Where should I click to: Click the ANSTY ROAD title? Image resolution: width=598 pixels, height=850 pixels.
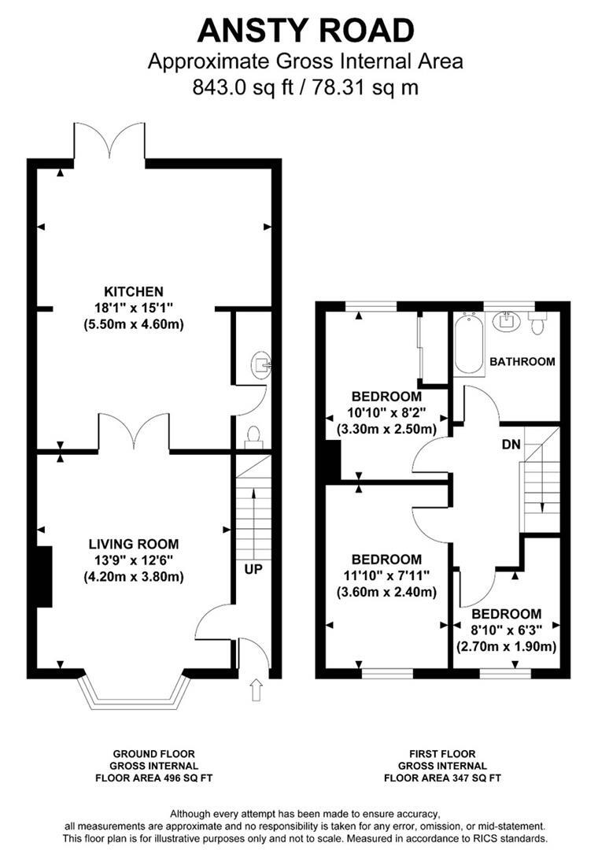305,31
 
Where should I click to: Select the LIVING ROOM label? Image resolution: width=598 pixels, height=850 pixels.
133,544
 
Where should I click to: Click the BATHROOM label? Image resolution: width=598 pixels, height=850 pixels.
522,362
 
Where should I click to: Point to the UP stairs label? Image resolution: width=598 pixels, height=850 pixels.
253,567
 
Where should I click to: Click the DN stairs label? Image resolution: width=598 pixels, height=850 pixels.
510,444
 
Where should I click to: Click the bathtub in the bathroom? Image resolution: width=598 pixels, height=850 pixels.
469,344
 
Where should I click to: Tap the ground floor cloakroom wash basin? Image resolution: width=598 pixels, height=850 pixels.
260,364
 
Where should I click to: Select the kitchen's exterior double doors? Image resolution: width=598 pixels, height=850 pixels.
109,142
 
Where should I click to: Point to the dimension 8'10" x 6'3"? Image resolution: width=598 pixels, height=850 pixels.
506,629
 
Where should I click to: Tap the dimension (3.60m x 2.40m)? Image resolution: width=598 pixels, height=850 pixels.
386,592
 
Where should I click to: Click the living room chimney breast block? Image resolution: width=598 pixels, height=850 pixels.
44,576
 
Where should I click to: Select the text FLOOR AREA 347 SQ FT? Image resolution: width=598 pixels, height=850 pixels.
441,778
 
